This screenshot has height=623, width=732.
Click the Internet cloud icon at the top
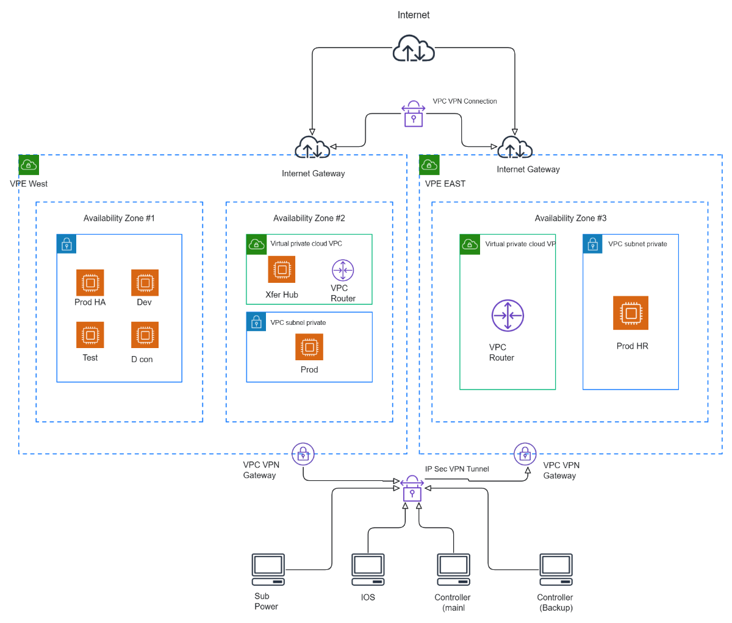click(x=414, y=48)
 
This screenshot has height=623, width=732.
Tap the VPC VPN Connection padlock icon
click(x=414, y=114)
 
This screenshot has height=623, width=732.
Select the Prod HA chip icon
click(x=90, y=283)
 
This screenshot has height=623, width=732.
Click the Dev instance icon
click(x=145, y=283)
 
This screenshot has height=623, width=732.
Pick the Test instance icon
click(x=90, y=335)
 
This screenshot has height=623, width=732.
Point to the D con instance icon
click(x=145, y=335)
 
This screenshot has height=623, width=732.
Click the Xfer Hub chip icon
click(x=282, y=269)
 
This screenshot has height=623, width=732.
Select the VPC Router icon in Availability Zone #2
click(x=343, y=270)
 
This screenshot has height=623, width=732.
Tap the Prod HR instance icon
click(x=631, y=313)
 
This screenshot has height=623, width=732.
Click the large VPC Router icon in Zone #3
click(x=508, y=315)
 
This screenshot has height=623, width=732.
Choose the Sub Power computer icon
click(x=268, y=569)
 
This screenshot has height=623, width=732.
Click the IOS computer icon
click(x=368, y=569)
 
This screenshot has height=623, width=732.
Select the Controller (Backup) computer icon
click(x=556, y=569)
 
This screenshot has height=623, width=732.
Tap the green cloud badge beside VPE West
click(x=29, y=165)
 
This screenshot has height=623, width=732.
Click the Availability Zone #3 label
click(x=570, y=218)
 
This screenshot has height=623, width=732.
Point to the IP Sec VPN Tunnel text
click(x=457, y=469)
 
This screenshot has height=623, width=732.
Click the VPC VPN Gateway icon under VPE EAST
click(x=525, y=454)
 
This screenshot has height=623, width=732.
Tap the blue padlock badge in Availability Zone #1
click(x=66, y=244)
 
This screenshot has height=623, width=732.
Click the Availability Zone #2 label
click(x=309, y=218)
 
